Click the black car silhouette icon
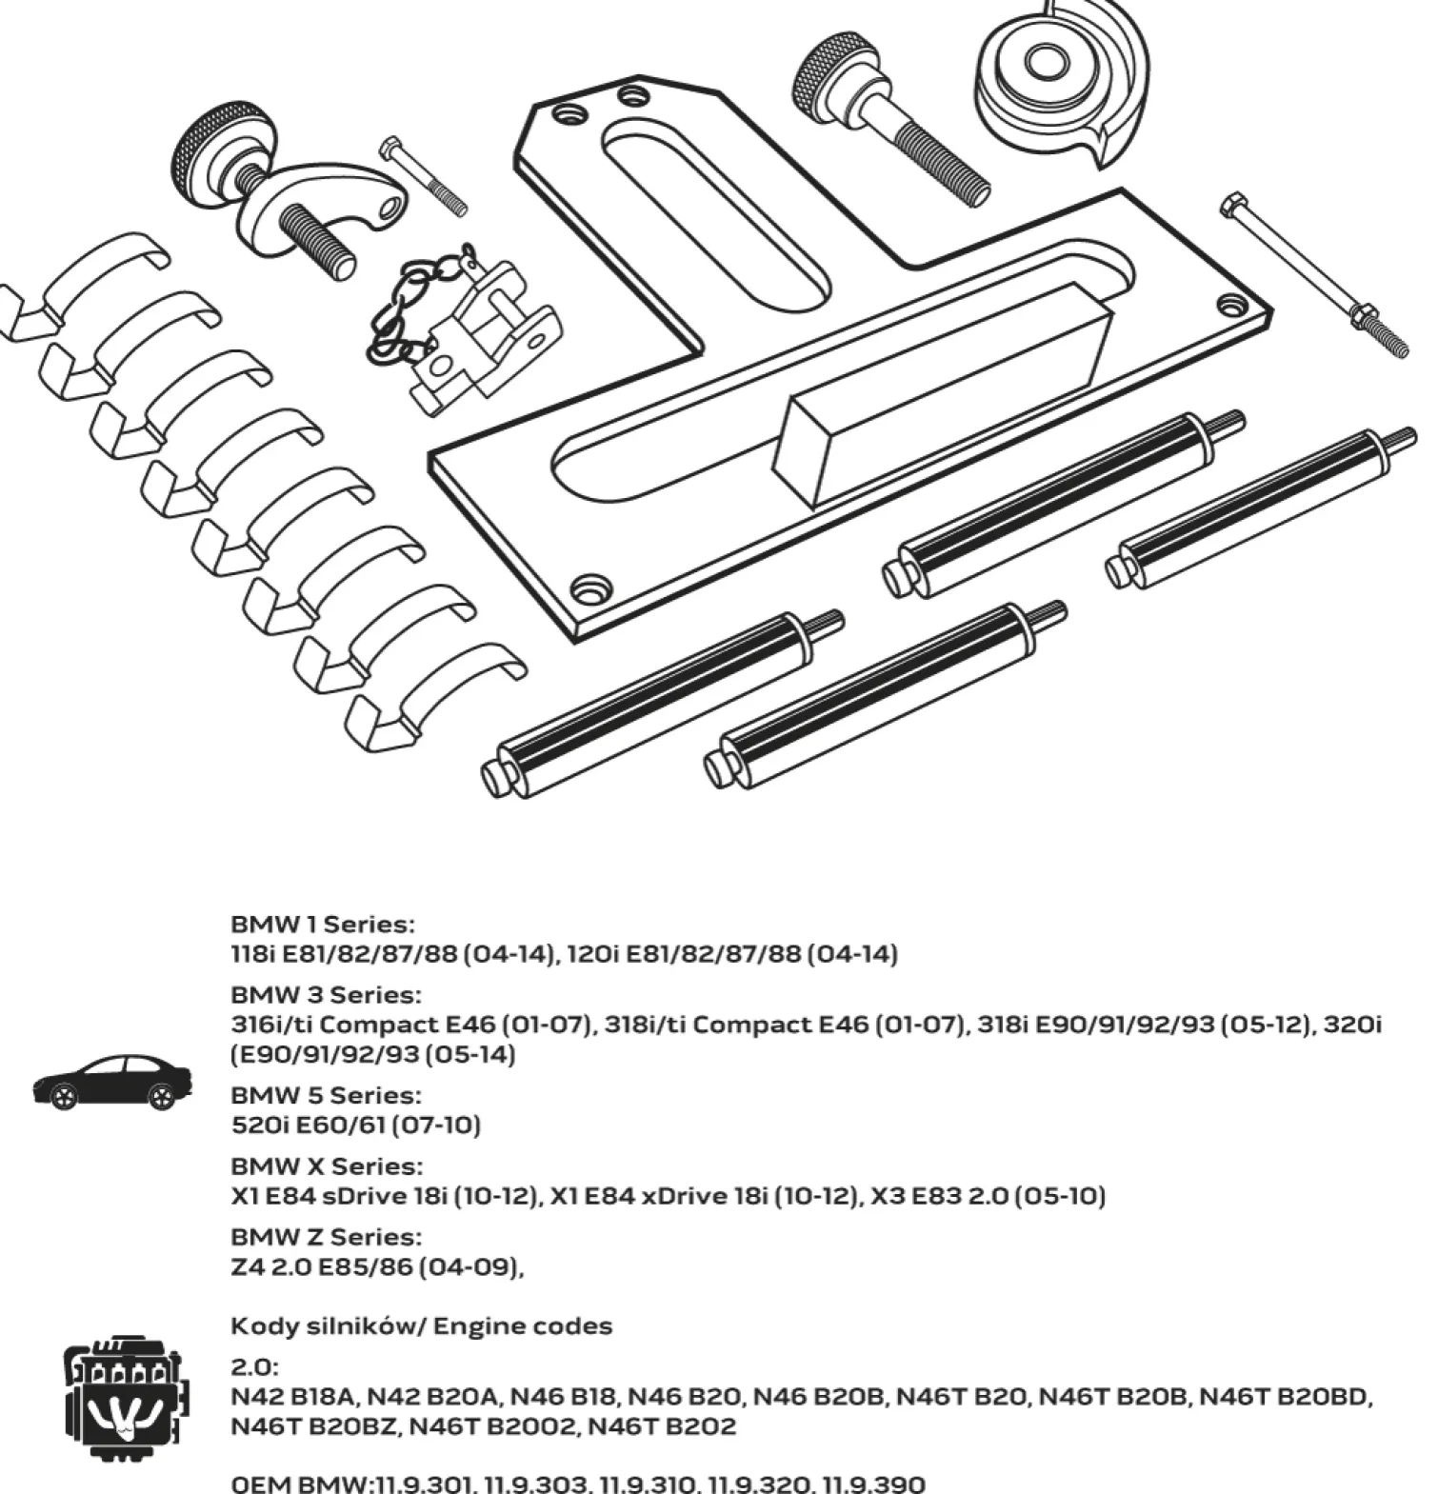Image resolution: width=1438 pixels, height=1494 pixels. point(112,1083)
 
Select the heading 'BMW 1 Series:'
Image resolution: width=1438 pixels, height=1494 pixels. point(323,924)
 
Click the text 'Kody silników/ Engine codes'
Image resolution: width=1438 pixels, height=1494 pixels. point(421,1325)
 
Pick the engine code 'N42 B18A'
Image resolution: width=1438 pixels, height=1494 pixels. point(293,1397)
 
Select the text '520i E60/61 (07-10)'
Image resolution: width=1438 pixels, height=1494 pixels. point(355,1125)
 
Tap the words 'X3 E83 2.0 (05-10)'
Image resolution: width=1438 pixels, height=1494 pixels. point(1009,1195)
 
